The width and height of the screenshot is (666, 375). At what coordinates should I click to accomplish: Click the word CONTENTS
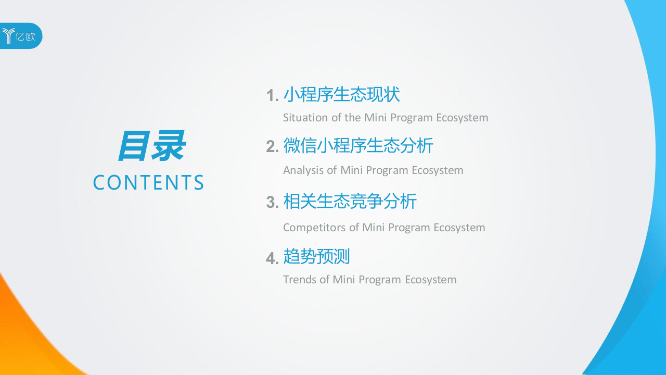[148, 183]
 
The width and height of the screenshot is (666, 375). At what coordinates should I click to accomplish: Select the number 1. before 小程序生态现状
[272, 96]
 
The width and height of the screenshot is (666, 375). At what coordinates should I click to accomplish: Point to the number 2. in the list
[272, 147]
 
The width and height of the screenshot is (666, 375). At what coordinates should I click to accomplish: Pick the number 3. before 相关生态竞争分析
[272, 202]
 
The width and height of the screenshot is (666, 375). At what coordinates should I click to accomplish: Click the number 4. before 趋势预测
[272, 258]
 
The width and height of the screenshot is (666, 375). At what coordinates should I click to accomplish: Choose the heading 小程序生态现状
[341, 95]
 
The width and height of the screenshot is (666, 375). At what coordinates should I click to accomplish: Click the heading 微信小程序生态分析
[358, 146]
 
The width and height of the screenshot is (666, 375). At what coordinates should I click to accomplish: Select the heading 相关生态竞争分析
[350, 202]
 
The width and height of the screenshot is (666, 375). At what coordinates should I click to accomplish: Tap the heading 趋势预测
[316, 256]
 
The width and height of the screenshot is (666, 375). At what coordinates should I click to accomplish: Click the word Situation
[305, 118]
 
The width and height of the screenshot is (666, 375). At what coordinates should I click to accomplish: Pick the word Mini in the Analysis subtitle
[351, 170]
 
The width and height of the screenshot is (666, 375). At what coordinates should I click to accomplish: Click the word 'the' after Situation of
[352, 118]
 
